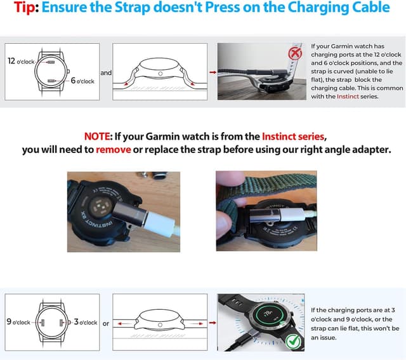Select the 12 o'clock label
(x=20, y=61)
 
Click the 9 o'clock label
(x=18, y=323)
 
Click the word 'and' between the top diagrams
(x=106, y=73)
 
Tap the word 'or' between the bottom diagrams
(x=106, y=323)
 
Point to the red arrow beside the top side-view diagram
(x=212, y=73)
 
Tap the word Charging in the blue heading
(x=316, y=8)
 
